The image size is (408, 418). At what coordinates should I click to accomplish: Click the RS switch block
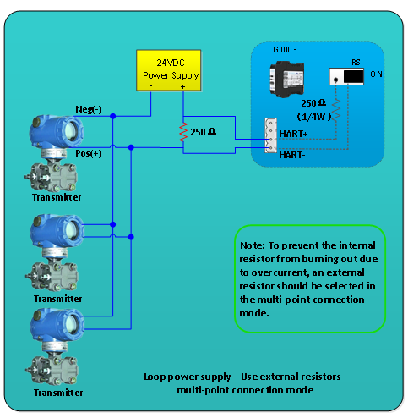pos(346,76)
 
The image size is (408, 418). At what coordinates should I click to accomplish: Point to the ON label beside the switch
pos(377,74)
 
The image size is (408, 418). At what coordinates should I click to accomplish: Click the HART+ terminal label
pos(292,135)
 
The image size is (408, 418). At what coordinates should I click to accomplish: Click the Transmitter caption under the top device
pos(57,196)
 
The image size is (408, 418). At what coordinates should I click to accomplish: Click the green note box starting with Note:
pos(308,278)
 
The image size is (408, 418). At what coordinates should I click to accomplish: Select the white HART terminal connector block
pos(269,135)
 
